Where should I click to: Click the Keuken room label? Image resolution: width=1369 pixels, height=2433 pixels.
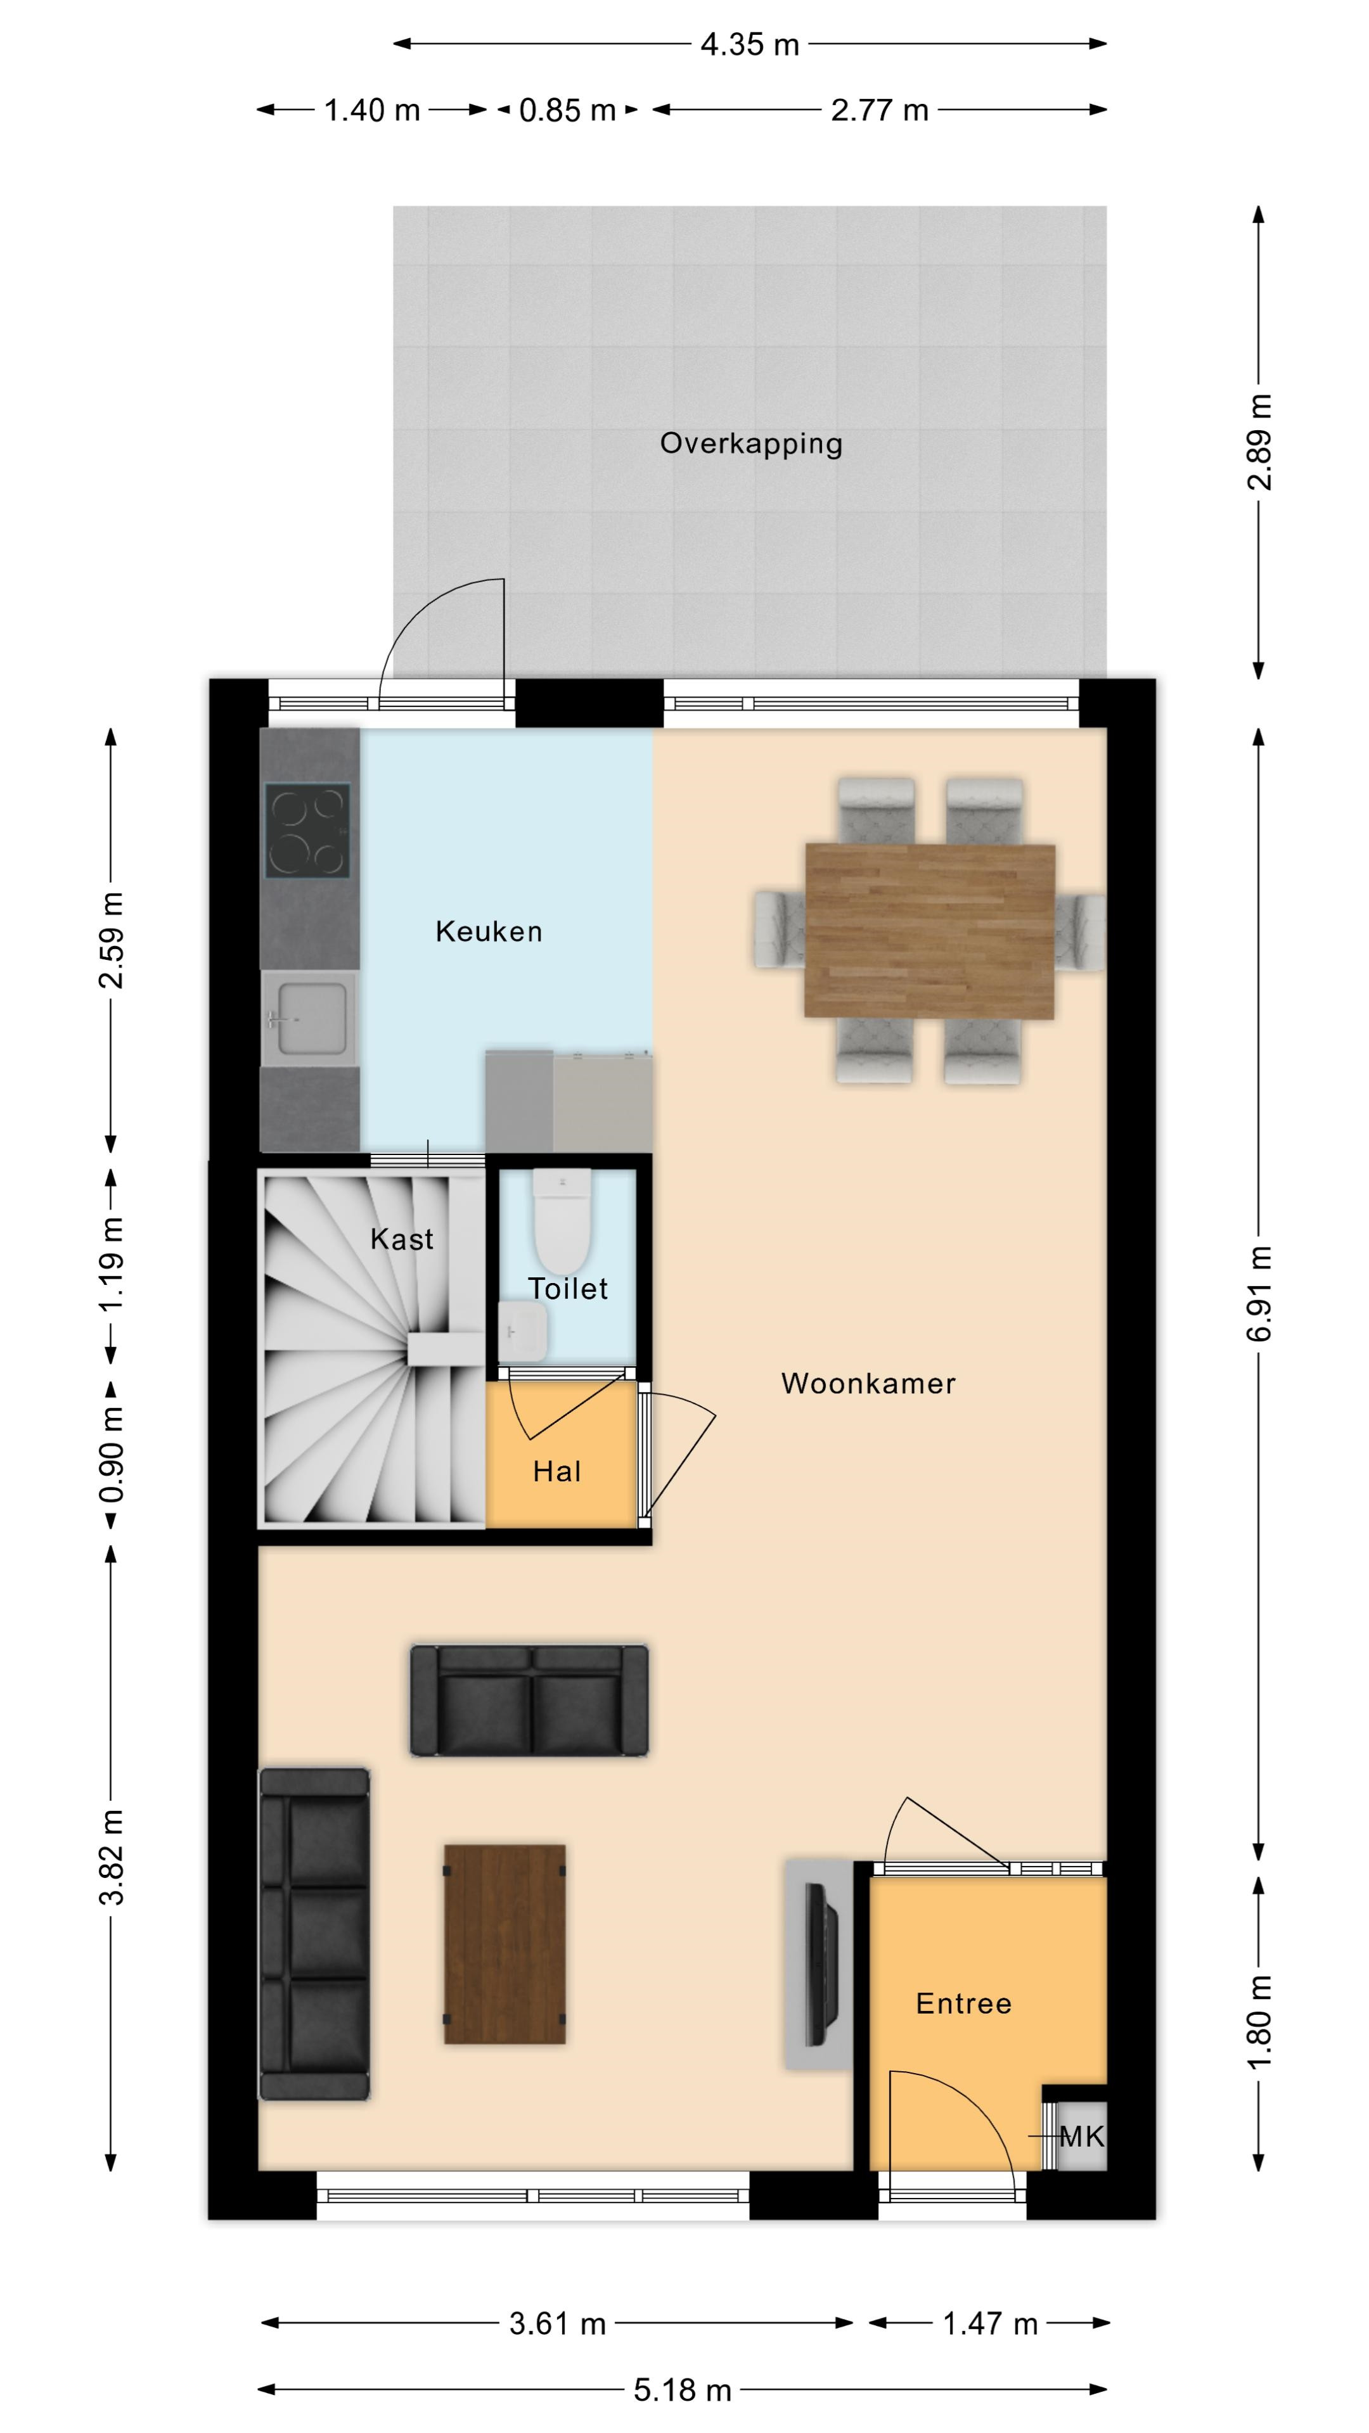pos(489,931)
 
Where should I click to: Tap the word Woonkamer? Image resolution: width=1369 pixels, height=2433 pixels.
pos(868,1384)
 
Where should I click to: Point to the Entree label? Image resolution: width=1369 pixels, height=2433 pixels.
pos(963,2003)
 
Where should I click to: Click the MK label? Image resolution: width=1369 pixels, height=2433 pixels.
pos(1081,2136)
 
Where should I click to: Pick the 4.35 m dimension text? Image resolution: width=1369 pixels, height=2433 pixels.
pos(750,44)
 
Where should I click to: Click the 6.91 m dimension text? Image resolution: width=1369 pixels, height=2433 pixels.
pos(1259,1293)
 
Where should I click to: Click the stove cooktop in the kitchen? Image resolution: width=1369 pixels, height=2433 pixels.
pos(307,830)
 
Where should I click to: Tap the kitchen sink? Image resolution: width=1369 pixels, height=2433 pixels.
pos(308,1018)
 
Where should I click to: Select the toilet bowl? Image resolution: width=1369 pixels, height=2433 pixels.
pos(562,1221)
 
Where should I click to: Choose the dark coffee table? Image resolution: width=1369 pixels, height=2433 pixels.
pos(505,1944)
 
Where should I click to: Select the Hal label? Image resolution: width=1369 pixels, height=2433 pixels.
pos(556,1471)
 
